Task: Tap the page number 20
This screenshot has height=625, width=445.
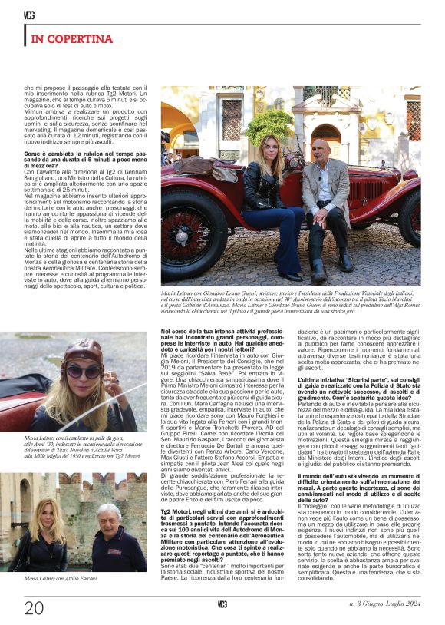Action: [x=34, y=608]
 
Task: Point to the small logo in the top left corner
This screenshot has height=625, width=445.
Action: [x=29, y=15]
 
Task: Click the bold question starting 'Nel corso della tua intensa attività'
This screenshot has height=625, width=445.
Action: [x=210, y=339]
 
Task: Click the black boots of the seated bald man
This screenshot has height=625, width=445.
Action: [x=322, y=269]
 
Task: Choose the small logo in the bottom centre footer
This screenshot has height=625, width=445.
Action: [x=222, y=605]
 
